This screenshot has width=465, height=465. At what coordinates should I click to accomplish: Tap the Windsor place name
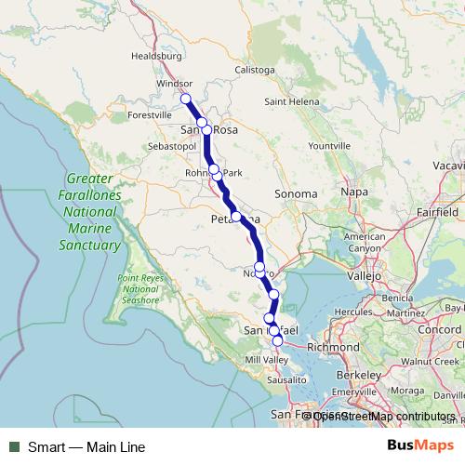pyautogui.click(x=174, y=83)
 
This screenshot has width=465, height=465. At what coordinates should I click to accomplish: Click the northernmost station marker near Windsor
pyautogui.click(x=185, y=99)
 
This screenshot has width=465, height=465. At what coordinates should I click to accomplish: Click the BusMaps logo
pyautogui.click(x=419, y=446)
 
